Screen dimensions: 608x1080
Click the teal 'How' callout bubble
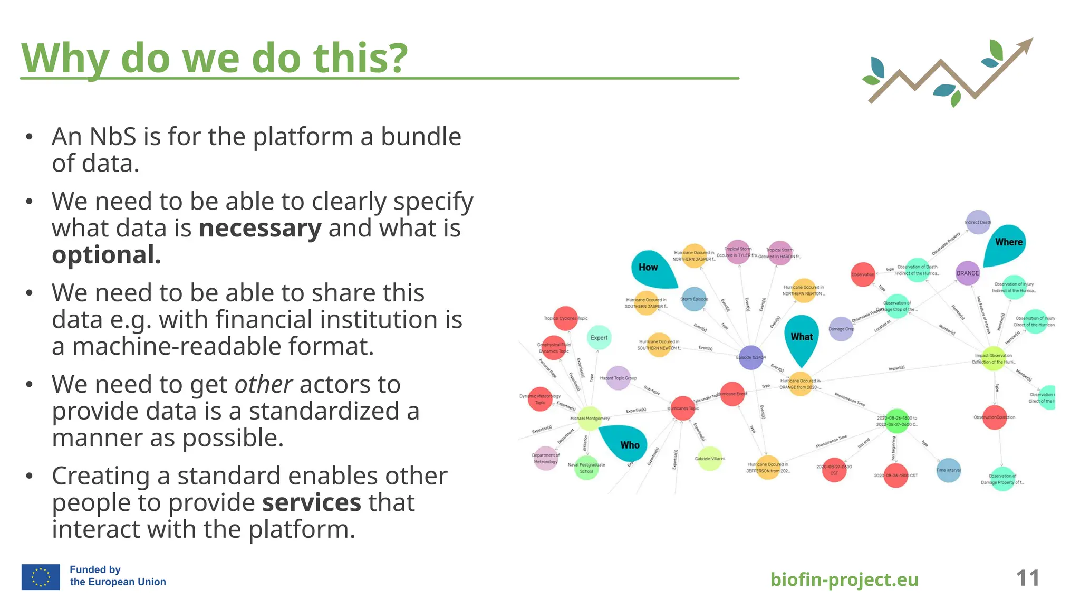tap(652, 268)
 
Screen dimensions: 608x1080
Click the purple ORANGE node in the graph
tap(968, 273)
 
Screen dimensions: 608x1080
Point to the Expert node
tap(599, 338)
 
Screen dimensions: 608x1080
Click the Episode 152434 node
tap(750, 357)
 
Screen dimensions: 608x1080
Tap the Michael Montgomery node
tap(590, 418)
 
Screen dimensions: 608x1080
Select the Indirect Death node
tap(978, 222)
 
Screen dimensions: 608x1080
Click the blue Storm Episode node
tap(694, 299)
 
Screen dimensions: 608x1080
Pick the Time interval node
tap(948, 470)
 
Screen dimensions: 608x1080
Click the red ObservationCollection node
tap(995, 417)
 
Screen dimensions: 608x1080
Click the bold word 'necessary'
tap(260, 229)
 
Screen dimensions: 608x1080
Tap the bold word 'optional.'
tap(106, 255)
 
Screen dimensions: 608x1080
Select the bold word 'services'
tap(312, 503)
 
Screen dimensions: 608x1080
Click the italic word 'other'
tap(263, 385)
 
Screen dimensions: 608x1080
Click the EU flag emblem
tap(41, 576)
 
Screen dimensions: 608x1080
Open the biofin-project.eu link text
tap(844, 579)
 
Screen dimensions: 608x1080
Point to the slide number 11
tap(1027, 578)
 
